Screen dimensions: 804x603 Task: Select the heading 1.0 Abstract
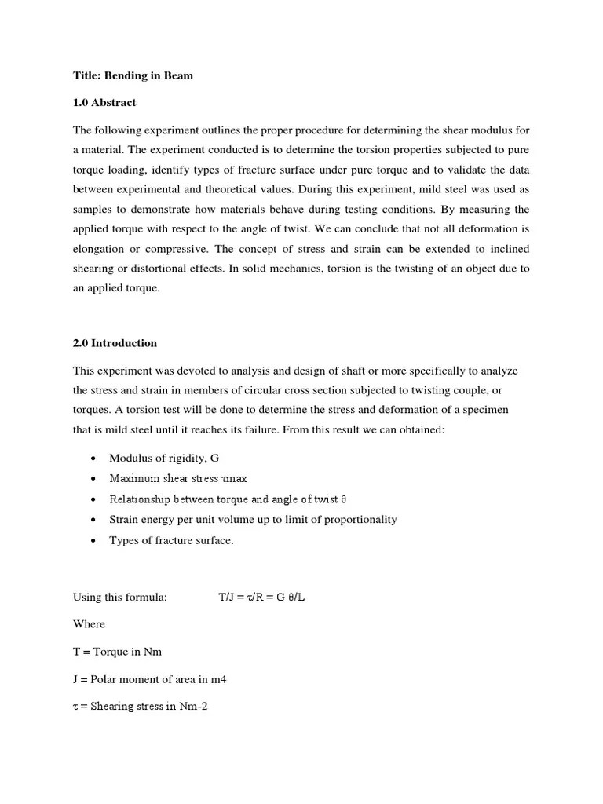[104, 102]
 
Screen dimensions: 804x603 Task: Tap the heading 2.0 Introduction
[115, 343]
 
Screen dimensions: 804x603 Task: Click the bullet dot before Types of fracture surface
[93, 541]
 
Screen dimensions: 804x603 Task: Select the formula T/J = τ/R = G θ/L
[261, 598]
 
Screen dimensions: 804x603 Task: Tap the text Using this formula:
[120, 598]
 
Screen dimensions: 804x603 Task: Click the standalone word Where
[89, 624]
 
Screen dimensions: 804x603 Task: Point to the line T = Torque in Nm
[118, 652]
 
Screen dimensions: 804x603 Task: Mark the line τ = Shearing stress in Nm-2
[140, 706]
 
